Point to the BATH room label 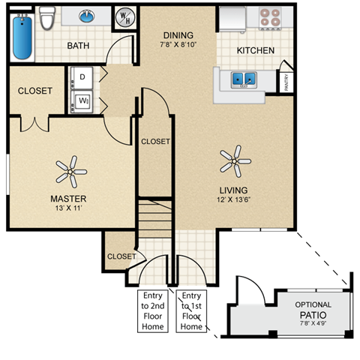tap(78, 46)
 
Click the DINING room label tap(178, 35)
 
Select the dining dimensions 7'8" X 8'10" tap(178, 45)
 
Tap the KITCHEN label tap(255, 50)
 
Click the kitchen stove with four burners tap(268, 17)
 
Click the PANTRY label tap(286, 81)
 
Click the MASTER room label tap(68, 199)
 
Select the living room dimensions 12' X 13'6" tap(233, 200)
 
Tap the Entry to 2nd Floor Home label tap(154, 311)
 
